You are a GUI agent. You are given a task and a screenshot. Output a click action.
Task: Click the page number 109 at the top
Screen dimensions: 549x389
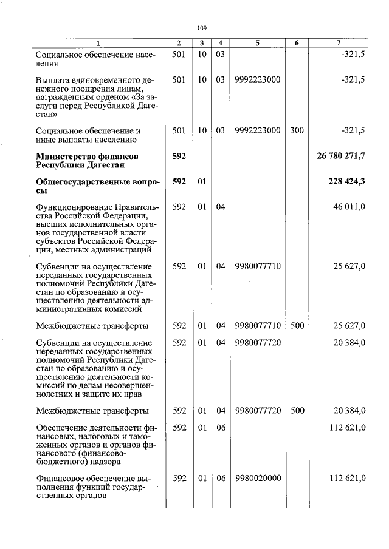tap(202, 28)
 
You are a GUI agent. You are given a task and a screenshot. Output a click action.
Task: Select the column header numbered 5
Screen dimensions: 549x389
tap(257, 43)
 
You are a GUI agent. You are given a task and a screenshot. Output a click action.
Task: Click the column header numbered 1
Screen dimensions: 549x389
tap(99, 43)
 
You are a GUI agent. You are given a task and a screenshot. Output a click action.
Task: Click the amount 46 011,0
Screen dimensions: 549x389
tap(349, 207)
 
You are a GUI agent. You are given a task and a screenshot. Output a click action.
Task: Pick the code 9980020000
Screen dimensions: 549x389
tap(257, 478)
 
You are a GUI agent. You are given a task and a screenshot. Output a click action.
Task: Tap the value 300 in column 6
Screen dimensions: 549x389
tap(297, 130)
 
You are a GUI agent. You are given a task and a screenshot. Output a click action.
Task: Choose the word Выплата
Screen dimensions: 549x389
tap(53, 79)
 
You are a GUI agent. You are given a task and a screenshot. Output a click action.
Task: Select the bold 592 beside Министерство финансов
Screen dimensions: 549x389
tap(179, 157)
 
